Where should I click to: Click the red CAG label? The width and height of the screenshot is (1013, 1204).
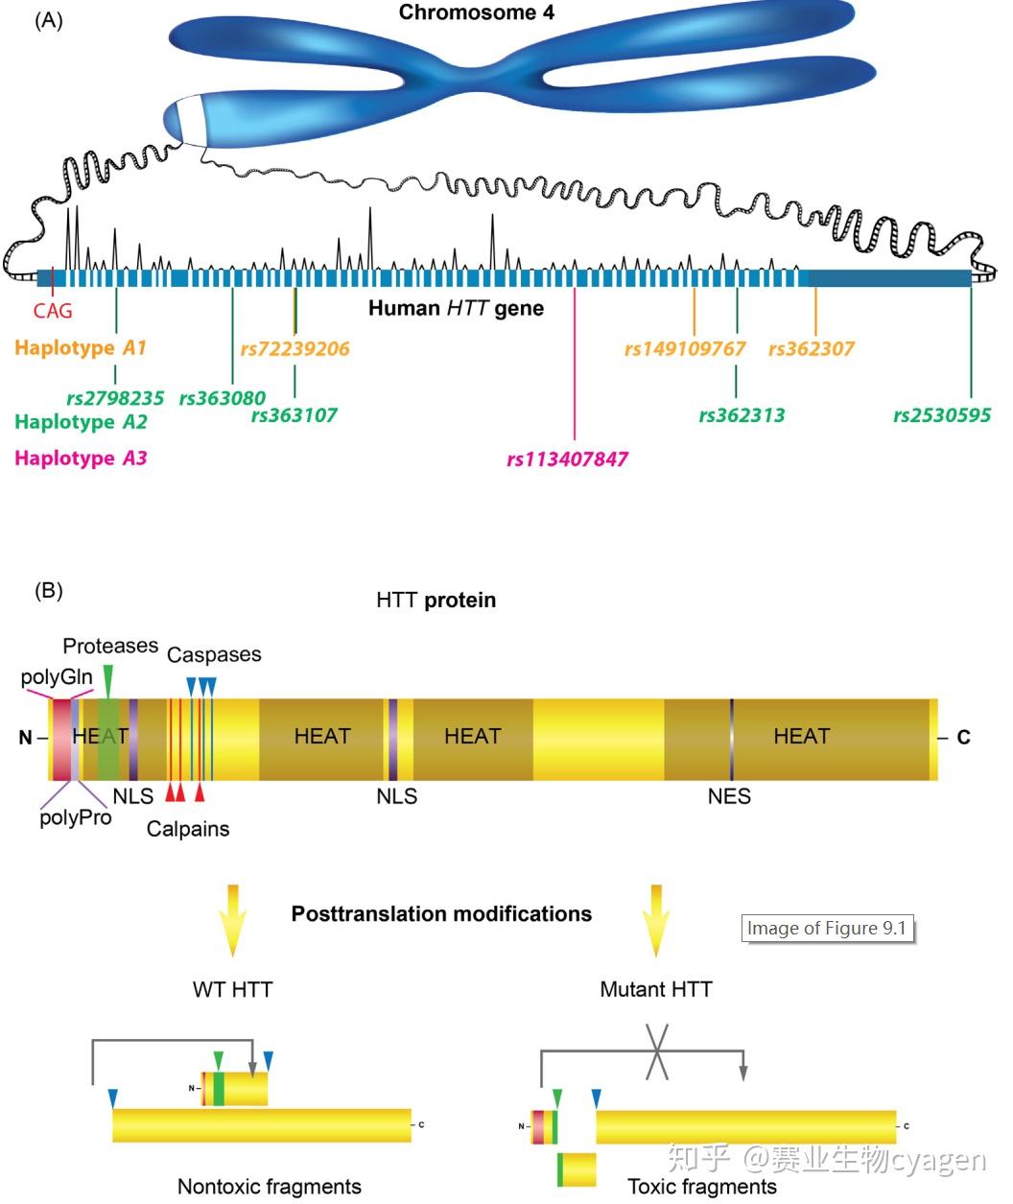(x=53, y=311)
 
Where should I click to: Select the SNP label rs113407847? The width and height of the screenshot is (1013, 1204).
(x=567, y=459)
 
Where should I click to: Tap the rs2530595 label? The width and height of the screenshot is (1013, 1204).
(x=941, y=415)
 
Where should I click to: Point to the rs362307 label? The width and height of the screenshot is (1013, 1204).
(x=812, y=348)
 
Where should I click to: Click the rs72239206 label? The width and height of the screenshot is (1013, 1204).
(x=294, y=348)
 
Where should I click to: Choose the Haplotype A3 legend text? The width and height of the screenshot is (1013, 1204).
(x=81, y=458)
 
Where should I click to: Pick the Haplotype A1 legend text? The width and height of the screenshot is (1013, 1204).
(x=81, y=347)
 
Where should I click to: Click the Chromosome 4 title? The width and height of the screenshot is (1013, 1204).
(x=476, y=12)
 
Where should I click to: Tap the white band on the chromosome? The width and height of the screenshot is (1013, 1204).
(x=191, y=118)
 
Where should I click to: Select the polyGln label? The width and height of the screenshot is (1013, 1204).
(x=57, y=677)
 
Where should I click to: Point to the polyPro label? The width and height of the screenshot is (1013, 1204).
(x=76, y=817)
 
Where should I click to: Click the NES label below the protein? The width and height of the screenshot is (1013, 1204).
(x=729, y=796)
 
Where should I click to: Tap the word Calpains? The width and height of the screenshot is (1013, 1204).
(x=188, y=829)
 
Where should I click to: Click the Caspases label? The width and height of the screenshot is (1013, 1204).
(x=214, y=654)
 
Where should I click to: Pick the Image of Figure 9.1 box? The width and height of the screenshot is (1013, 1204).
(x=827, y=928)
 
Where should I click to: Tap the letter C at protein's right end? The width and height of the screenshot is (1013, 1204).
(x=963, y=737)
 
